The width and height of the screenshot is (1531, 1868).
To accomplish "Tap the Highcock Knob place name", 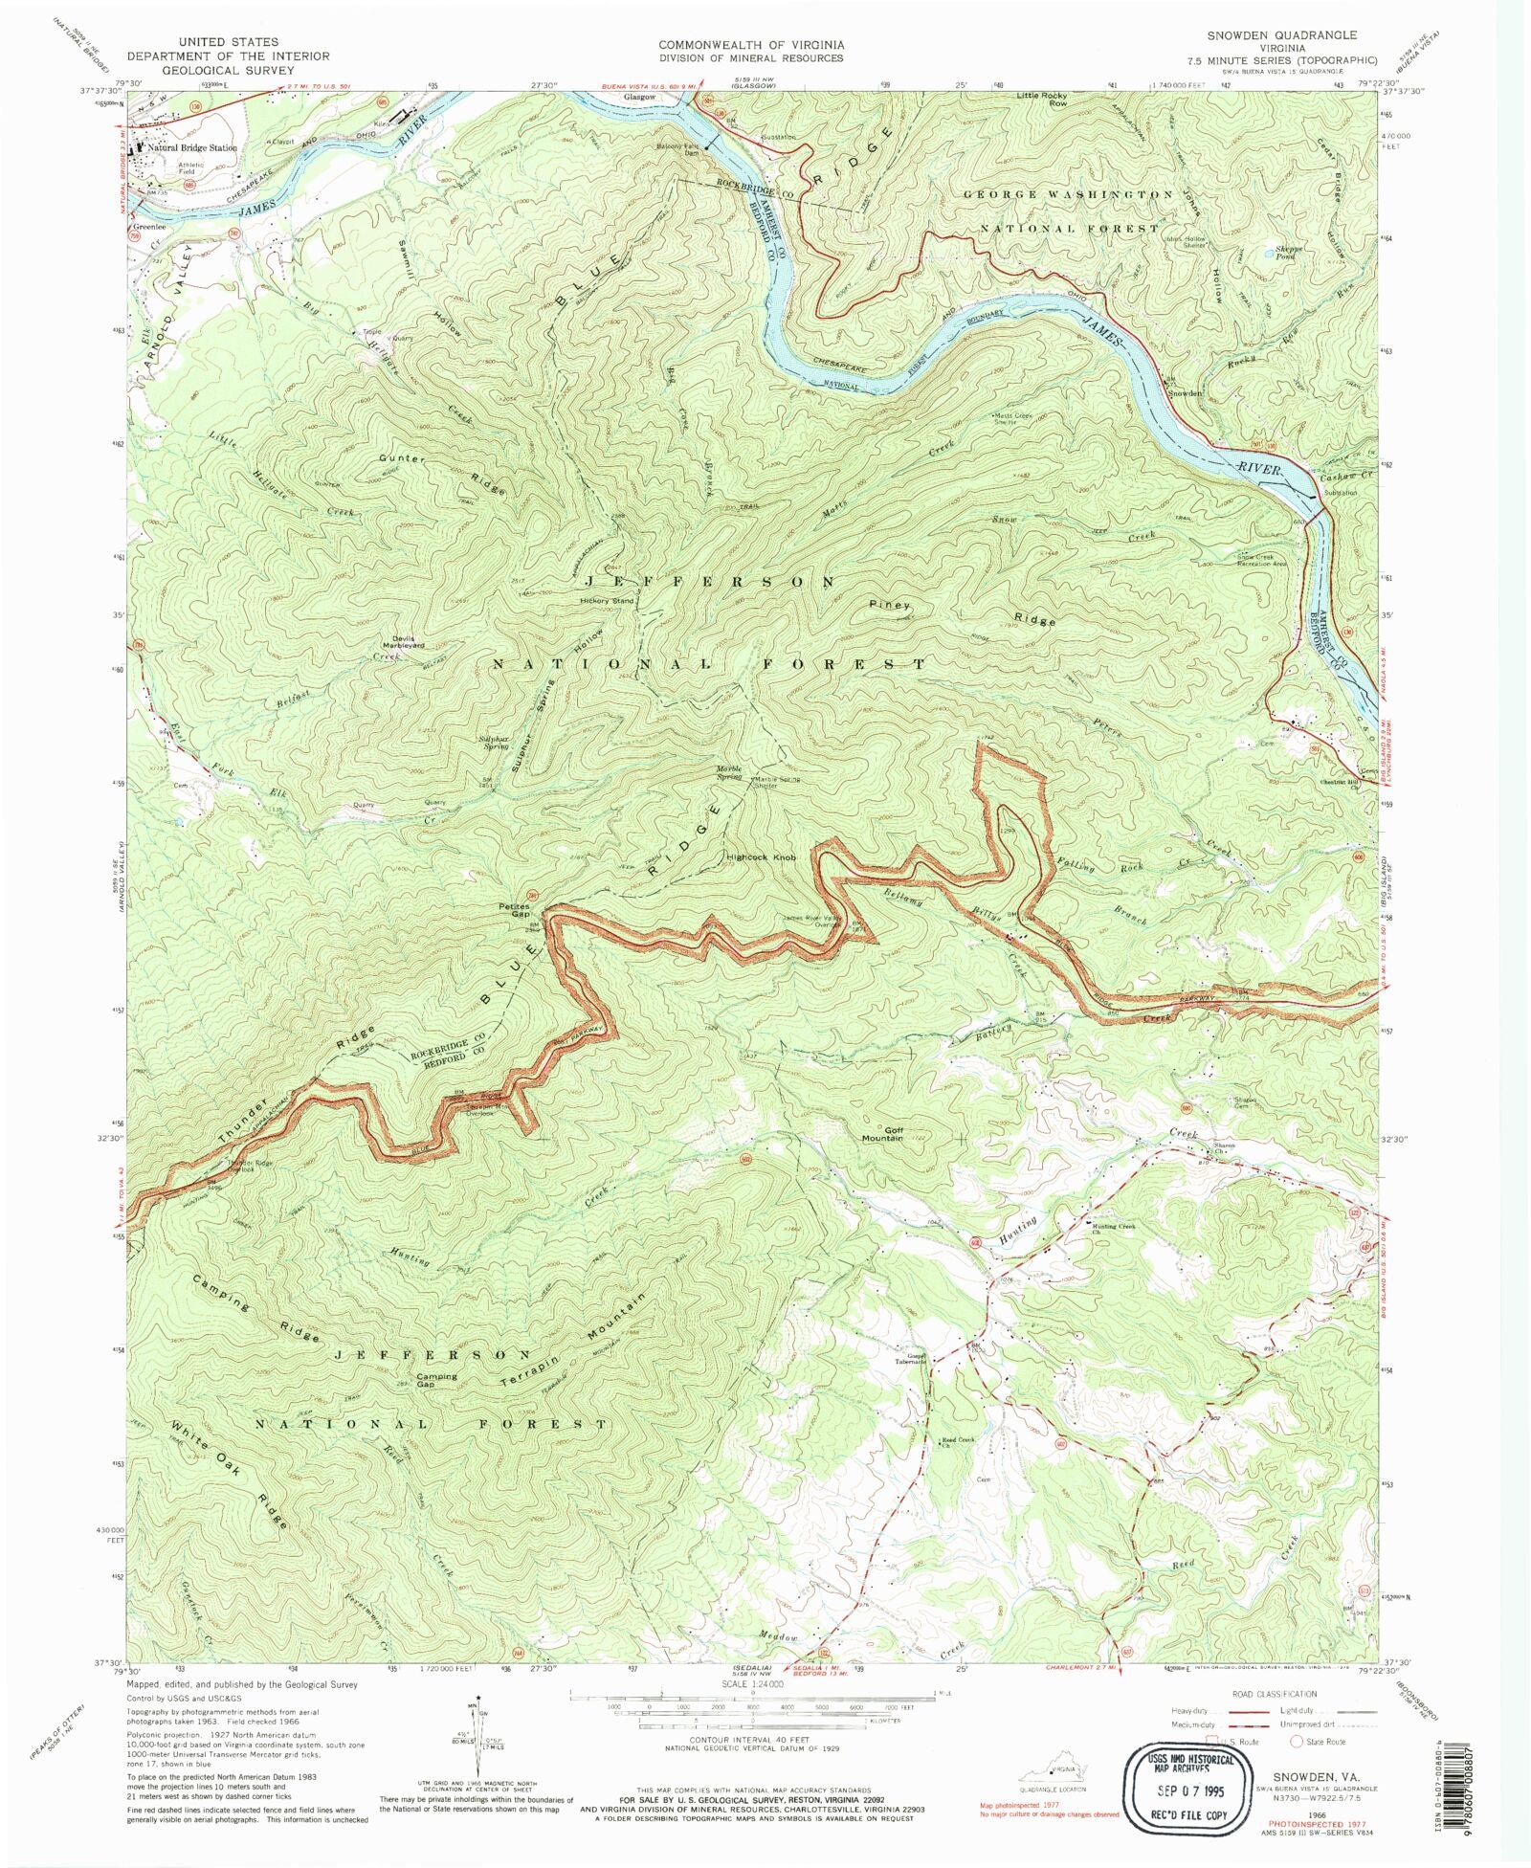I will click(x=761, y=857).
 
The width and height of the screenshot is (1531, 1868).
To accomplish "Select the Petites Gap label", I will click(x=514, y=910).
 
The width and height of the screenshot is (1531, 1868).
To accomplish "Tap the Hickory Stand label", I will click(x=607, y=601).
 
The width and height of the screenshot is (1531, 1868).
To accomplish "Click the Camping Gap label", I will click(x=436, y=1380).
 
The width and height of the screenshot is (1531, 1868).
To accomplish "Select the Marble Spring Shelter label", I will click(x=777, y=781).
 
